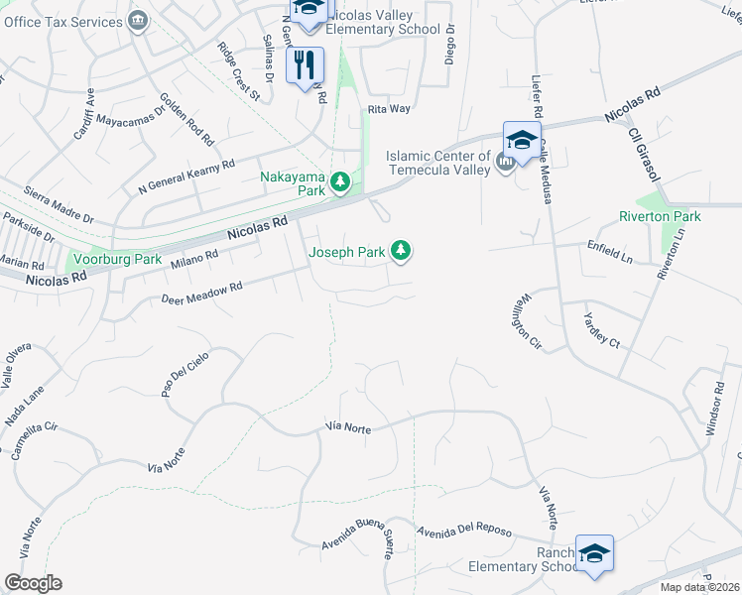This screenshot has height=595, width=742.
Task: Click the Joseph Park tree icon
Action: click(401, 252)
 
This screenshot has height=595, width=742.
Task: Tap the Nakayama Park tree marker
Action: click(340, 180)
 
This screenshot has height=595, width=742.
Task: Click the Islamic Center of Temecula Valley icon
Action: click(505, 161)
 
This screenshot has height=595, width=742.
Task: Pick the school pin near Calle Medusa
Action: click(522, 139)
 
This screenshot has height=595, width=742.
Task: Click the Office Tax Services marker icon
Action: click(139, 18)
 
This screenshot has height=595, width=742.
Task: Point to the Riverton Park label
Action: click(660, 216)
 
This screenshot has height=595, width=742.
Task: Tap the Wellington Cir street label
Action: click(527, 323)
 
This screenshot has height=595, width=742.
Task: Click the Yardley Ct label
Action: click(601, 329)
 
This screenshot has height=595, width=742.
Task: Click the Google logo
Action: click(33, 583)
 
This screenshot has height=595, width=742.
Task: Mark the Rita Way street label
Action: click(388, 108)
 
